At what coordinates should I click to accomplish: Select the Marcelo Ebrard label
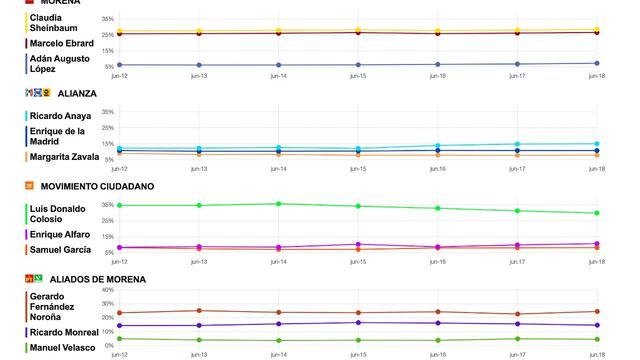(x=59, y=42)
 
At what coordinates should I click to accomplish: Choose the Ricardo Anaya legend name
(x=59, y=116)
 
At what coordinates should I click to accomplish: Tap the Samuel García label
(x=57, y=249)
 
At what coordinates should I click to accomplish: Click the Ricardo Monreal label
(x=63, y=331)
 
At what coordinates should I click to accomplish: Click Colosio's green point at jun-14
(x=278, y=204)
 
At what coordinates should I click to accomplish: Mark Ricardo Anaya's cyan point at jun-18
(x=597, y=144)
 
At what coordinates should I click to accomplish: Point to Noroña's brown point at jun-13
(x=199, y=311)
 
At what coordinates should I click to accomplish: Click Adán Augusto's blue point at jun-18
(x=597, y=63)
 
